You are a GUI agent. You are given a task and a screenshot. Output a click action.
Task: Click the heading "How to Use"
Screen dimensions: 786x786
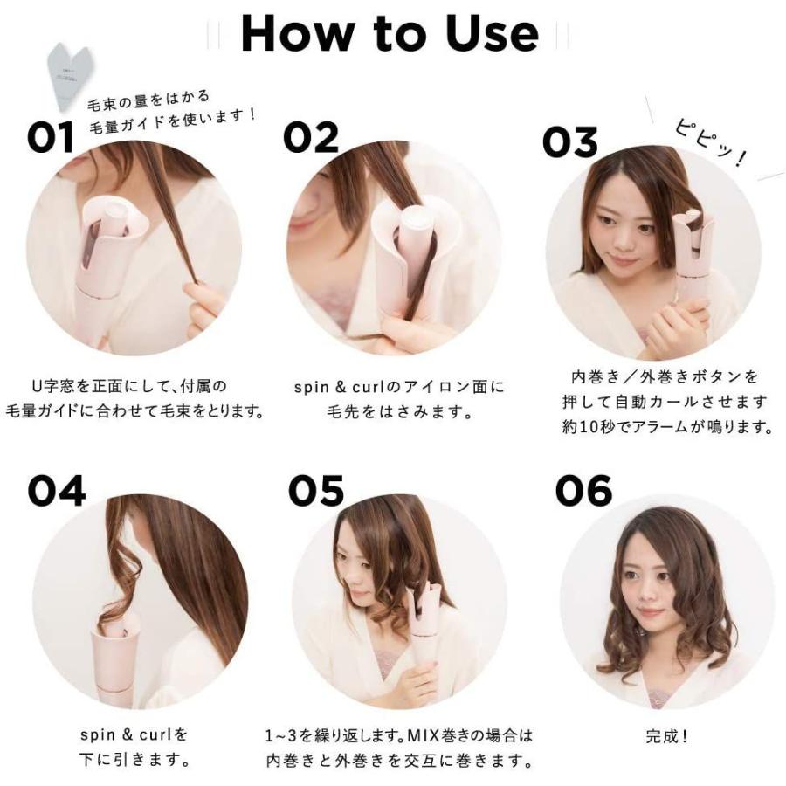[390, 32]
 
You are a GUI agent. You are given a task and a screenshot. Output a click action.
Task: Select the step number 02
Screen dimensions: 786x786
[311, 138]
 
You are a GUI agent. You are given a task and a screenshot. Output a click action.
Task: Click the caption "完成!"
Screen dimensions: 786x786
[666, 736]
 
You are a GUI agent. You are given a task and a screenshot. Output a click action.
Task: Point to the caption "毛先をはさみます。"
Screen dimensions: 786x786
[395, 410]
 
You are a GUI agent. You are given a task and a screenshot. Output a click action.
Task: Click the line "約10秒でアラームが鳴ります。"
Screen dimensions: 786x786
[666, 428]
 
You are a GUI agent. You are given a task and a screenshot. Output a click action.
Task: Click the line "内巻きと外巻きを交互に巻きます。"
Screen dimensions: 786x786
[398, 759]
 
